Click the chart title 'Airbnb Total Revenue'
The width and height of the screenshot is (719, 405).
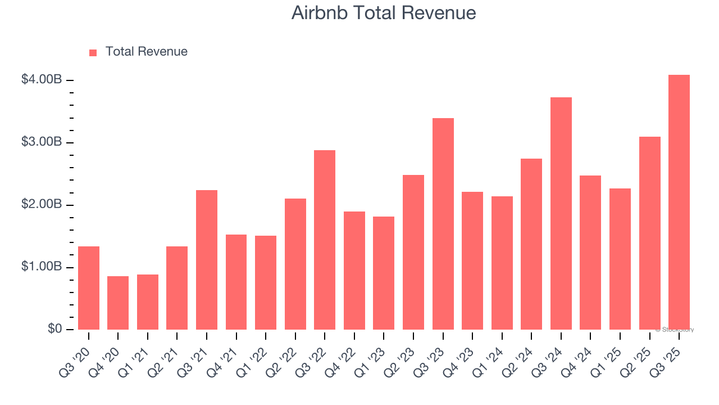click(384, 13)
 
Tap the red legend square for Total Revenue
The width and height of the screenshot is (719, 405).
click(93, 52)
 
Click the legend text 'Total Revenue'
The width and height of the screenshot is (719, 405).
click(146, 52)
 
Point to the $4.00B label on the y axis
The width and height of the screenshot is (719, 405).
click(42, 80)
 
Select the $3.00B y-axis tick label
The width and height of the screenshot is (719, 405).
click(42, 142)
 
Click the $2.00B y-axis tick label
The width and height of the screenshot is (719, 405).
click(42, 205)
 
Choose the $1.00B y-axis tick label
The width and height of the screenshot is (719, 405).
click(42, 267)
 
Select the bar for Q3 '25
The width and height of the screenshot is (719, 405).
click(679, 202)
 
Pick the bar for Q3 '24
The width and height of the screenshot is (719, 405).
click(561, 214)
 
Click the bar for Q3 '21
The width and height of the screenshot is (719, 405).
click(207, 260)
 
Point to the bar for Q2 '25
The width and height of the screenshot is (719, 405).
click(649, 233)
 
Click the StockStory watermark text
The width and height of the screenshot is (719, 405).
click(675, 330)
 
